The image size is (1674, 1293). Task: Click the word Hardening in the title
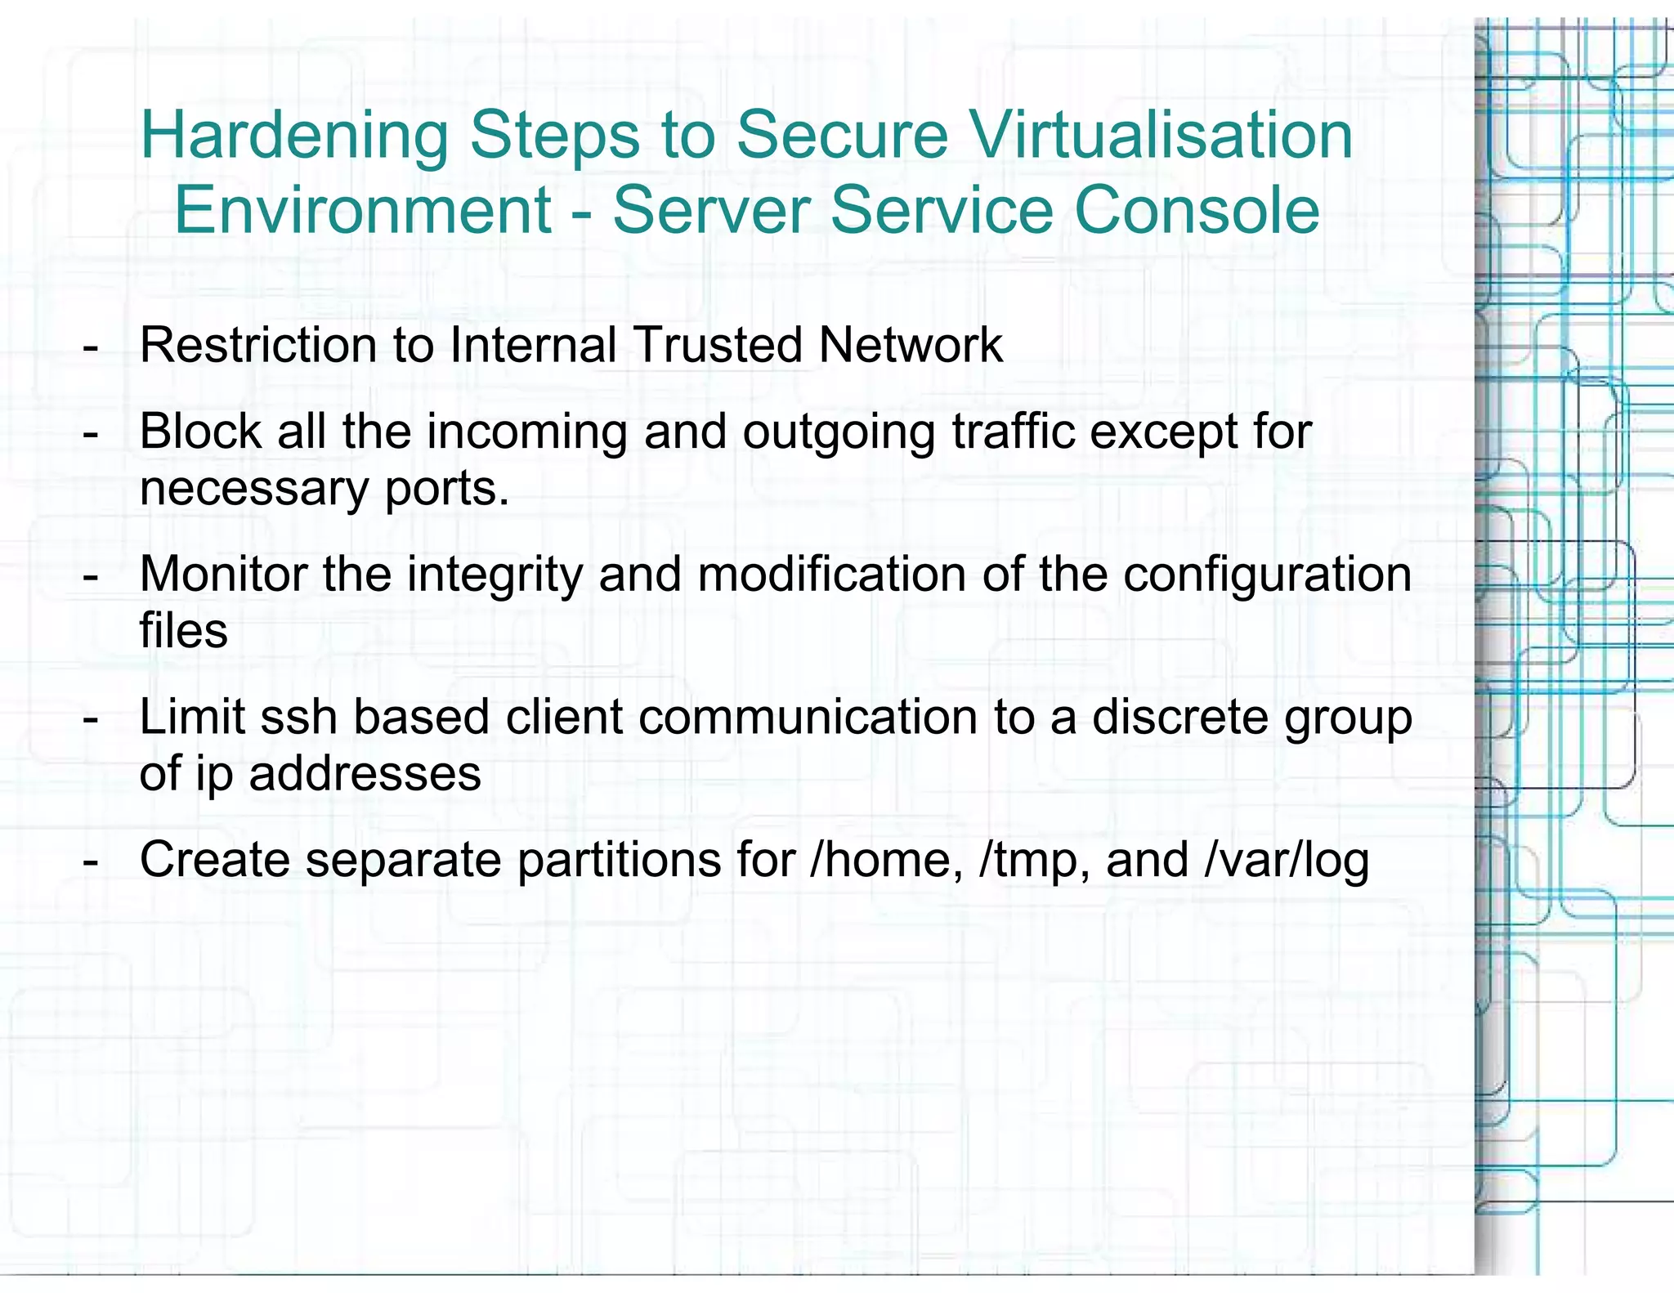[x=294, y=136]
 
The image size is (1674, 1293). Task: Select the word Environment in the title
[x=363, y=210]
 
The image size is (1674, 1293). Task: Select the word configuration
[x=1267, y=575]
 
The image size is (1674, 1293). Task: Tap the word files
[x=183, y=631]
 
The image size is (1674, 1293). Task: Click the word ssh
[x=298, y=717]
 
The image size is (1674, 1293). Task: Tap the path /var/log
[x=1287, y=861]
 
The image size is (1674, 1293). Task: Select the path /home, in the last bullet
[x=886, y=861]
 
